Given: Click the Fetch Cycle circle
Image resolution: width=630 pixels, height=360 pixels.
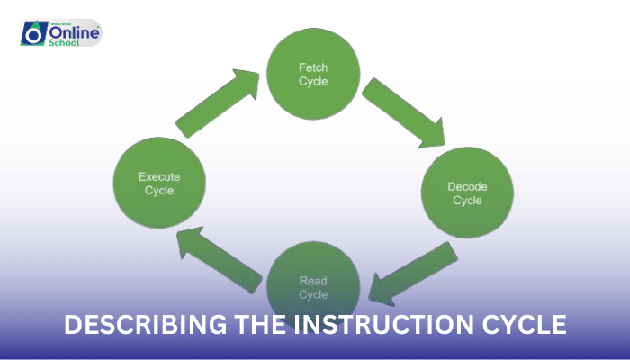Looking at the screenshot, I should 313,74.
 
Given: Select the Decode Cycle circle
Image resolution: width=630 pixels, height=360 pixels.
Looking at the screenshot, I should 467,193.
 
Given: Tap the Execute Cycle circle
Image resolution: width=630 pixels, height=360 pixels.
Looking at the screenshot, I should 159,183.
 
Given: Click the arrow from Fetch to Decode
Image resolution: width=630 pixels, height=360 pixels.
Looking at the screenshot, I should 402,112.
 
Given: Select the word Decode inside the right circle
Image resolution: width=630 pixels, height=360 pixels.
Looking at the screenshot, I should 467,186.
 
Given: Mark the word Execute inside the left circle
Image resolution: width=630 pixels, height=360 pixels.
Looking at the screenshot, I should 159,176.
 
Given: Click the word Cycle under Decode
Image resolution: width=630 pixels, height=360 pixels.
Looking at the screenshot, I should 467,200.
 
